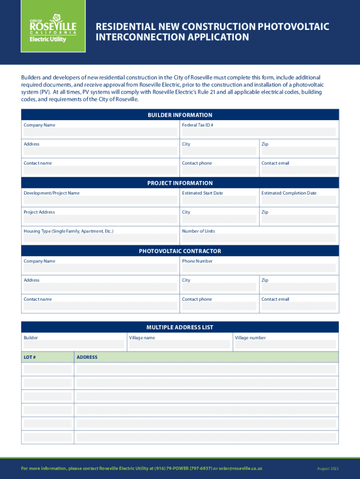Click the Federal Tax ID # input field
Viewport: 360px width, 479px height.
tap(259, 132)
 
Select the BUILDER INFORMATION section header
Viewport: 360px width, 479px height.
tap(180, 115)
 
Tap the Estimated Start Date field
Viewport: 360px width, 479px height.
tap(219, 200)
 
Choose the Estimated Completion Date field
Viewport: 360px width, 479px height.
tap(298, 200)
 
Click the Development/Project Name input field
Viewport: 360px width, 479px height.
tap(100, 200)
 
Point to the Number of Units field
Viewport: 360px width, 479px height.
tap(259, 238)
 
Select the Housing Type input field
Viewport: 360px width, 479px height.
tap(100, 238)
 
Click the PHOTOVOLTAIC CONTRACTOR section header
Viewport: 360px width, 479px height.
tap(180, 251)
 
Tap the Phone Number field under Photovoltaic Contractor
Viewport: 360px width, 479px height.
tap(259, 268)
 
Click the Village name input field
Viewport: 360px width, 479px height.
tap(180, 345)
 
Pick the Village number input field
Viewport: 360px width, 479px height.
tap(285, 345)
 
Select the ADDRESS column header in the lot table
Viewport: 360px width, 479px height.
tap(87, 357)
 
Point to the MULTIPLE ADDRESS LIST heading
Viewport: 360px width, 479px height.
tap(180, 327)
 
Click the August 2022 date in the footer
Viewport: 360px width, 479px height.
tap(327, 469)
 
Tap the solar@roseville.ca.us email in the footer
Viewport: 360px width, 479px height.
tap(240, 469)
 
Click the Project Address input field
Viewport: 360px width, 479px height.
tap(100, 219)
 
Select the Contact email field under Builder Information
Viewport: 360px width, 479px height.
tap(298, 170)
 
